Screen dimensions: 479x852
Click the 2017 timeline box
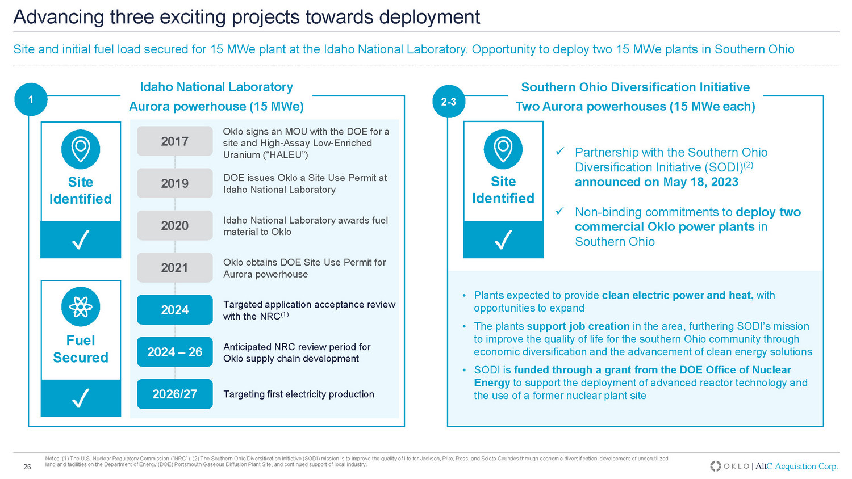pyautogui.click(x=174, y=141)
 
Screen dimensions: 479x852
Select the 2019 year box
pyautogui.click(x=174, y=183)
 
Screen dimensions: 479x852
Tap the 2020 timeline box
pyautogui.click(x=174, y=225)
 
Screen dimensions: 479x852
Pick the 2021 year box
pyautogui.click(x=174, y=268)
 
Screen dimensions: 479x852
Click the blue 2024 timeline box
pyautogui.click(x=174, y=310)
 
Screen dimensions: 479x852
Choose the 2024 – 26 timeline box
pyautogui.click(x=174, y=352)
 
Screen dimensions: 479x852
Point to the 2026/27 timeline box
pyautogui.click(x=174, y=394)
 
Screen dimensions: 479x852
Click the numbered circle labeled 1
pyautogui.click(x=31, y=99)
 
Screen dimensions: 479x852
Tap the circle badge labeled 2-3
pyautogui.click(x=449, y=102)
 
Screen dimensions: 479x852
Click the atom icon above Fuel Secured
pyautogui.click(x=81, y=307)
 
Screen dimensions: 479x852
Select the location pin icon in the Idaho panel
pyautogui.click(x=81, y=149)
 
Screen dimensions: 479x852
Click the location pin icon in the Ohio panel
pyautogui.click(x=503, y=149)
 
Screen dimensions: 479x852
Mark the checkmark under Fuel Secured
pyautogui.click(x=81, y=398)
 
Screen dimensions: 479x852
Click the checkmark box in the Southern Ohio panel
pyautogui.click(x=503, y=239)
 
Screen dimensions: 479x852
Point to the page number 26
pyautogui.click(x=27, y=467)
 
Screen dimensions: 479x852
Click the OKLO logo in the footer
pyautogui.click(x=730, y=466)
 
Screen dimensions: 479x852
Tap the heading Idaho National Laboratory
pyautogui.click(x=216, y=87)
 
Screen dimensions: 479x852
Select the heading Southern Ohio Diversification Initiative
pyautogui.click(x=636, y=87)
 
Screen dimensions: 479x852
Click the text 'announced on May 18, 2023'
pyautogui.click(x=657, y=182)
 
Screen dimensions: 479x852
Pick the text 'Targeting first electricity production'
pyautogui.click(x=299, y=394)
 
